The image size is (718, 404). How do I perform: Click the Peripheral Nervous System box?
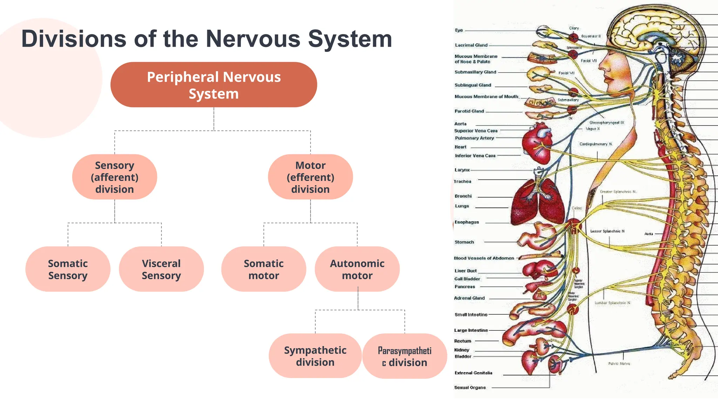click(214, 85)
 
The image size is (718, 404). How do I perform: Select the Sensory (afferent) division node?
click(115, 177)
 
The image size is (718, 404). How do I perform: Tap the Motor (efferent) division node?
click(310, 177)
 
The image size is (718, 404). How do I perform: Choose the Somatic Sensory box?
click(68, 269)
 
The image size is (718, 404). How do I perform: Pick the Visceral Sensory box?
click(161, 269)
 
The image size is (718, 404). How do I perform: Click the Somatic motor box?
click(264, 269)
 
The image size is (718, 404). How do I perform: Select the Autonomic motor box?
click(357, 269)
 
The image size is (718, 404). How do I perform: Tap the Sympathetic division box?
click(315, 356)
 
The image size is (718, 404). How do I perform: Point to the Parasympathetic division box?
click(405, 356)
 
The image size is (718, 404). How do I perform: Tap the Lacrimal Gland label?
click(471, 45)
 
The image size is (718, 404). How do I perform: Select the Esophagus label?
click(466, 222)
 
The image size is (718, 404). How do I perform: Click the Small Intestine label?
click(470, 315)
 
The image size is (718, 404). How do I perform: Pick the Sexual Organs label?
click(470, 388)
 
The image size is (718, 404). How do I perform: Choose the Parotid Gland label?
click(469, 111)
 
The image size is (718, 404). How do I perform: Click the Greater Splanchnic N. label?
click(618, 192)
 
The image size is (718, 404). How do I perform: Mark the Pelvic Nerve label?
click(619, 364)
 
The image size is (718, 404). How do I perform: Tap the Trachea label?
click(462, 181)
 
